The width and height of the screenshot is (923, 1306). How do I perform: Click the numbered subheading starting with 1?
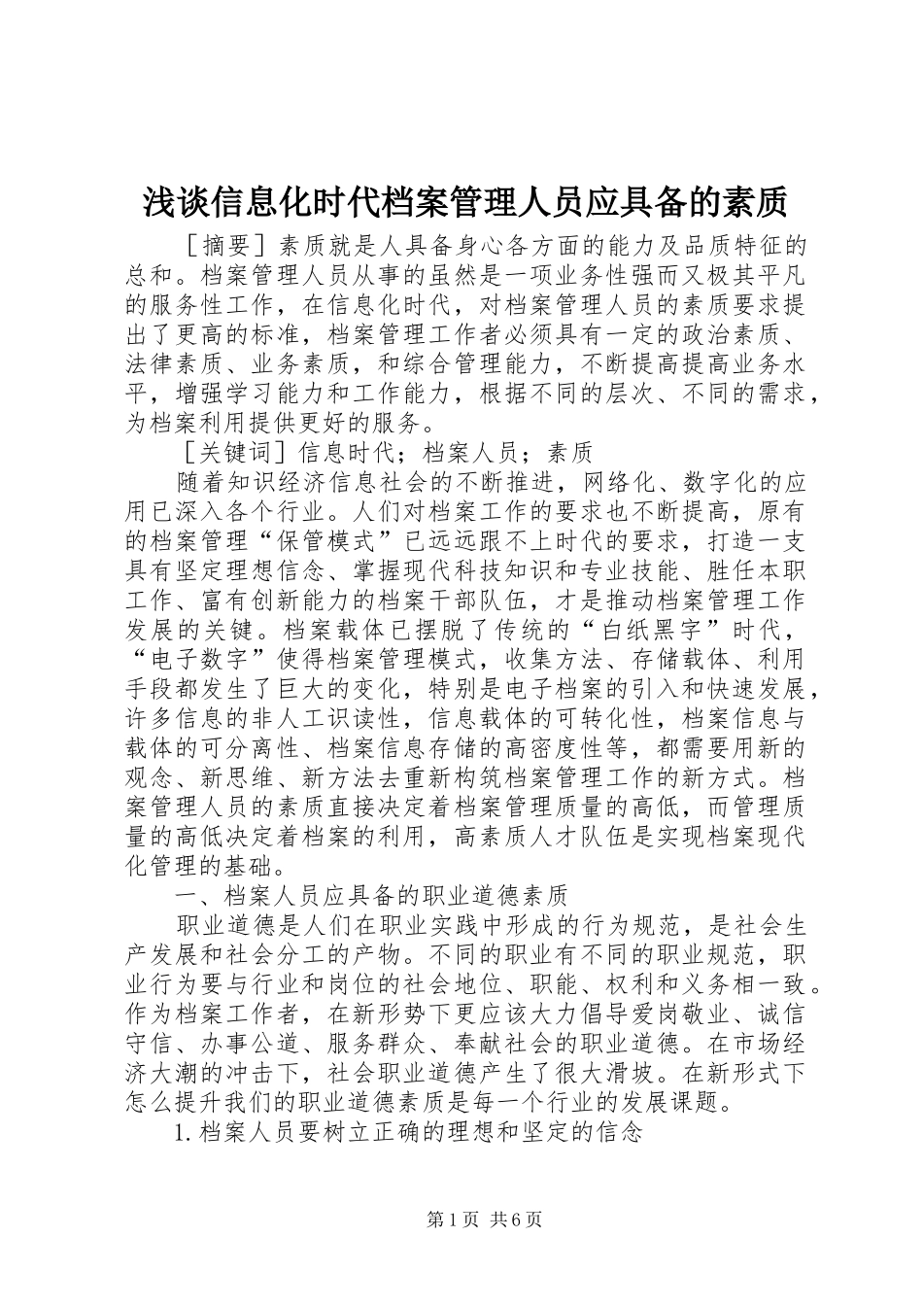pyautogui.click(x=408, y=1132)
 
